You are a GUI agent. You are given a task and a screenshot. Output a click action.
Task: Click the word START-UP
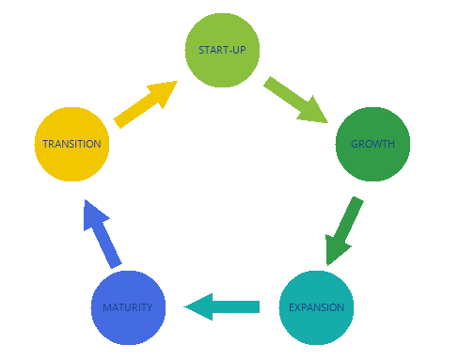click(x=222, y=50)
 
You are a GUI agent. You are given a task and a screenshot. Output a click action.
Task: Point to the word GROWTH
click(x=372, y=145)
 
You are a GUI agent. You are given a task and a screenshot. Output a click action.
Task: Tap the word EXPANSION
click(x=316, y=307)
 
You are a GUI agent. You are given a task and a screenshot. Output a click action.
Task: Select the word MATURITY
click(x=128, y=307)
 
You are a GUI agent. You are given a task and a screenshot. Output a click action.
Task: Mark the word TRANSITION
click(x=71, y=145)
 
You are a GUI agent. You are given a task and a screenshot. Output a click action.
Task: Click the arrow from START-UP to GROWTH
click(x=293, y=100)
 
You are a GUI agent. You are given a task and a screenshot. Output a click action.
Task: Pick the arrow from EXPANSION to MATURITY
click(x=222, y=306)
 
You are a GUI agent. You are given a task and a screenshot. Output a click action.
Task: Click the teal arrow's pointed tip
click(x=186, y=306)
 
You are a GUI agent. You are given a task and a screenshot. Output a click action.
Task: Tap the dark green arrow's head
click(x=336, y=251)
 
